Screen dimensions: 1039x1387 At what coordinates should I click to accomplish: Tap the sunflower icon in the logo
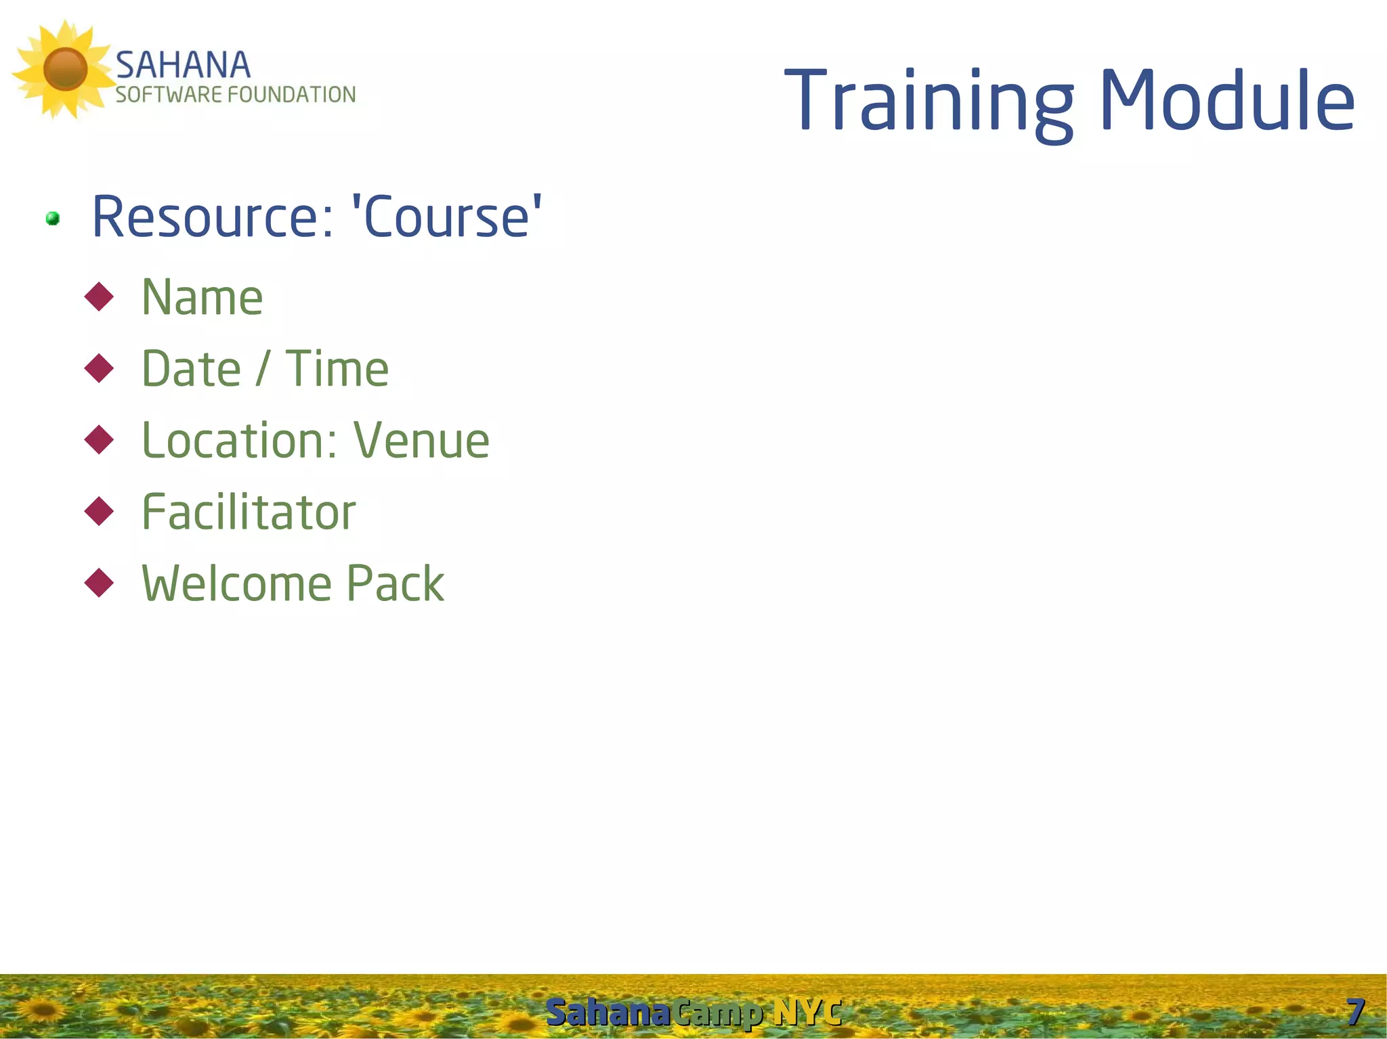[x=64, y=70]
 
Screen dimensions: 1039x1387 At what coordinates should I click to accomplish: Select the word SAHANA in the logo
[x=183, y=66]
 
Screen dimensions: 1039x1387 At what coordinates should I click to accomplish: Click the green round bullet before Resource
[x=53, y=219]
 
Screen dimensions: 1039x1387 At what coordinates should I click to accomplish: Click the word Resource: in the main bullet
[x=213, y=217]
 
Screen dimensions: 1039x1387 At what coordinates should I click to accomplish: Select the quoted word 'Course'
[x=447, y=217]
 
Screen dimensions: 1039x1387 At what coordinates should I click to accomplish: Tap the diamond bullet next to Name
[x=100, y=297]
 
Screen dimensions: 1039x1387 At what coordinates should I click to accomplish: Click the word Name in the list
[x=202, y=298]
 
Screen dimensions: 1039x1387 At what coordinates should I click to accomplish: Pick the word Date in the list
[x=191, y=370]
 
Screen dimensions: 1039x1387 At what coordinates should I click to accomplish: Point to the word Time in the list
[x=337, y=370]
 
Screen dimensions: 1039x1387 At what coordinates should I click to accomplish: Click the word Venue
[x=421, y=441]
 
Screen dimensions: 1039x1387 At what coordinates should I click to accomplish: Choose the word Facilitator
[x=249, y=512]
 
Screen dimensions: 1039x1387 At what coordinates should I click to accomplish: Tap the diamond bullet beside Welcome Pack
[x=100, y=583]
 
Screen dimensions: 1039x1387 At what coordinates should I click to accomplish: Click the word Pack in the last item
[x=396, y=583]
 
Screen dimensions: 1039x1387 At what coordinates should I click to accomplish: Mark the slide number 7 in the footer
[x=1355, y=1013]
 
